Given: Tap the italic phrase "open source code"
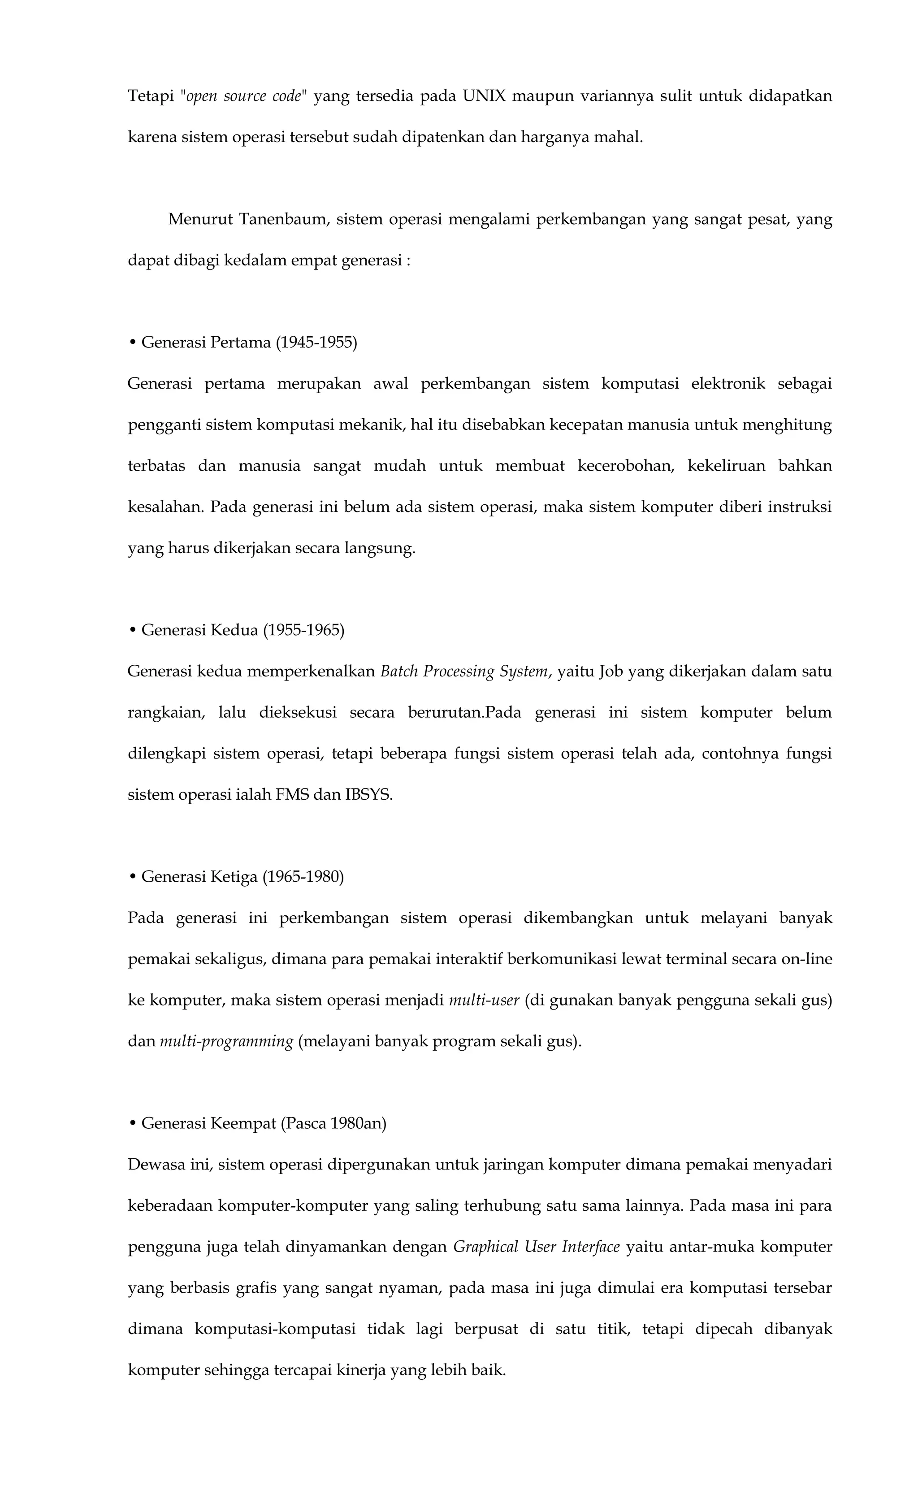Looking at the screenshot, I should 243,96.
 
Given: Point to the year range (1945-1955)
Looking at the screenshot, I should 316,342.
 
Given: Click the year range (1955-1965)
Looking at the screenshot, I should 304,630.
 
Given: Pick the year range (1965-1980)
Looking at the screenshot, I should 303,877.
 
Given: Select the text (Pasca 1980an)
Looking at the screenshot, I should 333,1123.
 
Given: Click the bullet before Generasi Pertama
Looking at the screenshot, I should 133,342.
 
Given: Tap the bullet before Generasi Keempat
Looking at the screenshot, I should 133,1123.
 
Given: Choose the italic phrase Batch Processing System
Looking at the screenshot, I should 464,672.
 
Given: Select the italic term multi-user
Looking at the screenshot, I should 484,1000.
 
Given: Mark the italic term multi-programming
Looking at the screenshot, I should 226,1041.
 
